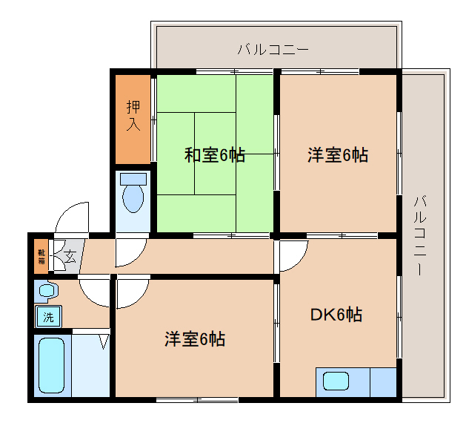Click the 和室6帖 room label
214,156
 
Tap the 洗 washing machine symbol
48,318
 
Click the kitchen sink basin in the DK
336,381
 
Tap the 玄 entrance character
69,258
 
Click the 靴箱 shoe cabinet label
41,256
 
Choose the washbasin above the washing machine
47,291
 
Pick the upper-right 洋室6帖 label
338,155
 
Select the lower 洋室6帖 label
195,340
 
